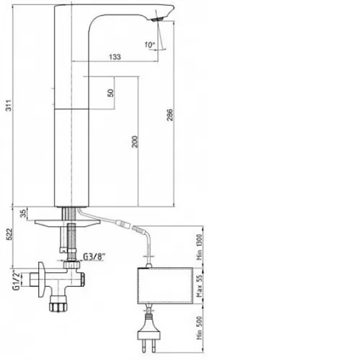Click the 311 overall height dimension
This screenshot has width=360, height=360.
pos(9,105)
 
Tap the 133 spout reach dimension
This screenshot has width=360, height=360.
pos(115,57)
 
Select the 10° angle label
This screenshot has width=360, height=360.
pos(150,45)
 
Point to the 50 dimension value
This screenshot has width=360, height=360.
pos(110,93)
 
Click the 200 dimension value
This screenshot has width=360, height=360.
pos(135,142)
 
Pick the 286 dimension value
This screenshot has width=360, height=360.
pos(170,114)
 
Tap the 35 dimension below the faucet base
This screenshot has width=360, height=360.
pos(23,213)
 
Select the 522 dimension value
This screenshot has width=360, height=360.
pos(9,234)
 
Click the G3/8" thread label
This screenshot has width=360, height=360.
pos(94,256)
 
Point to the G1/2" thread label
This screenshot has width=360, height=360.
pos(17,281)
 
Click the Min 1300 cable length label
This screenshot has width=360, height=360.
pos(199,247)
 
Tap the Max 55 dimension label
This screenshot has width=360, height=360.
pos(199,286)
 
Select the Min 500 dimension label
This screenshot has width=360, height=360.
pos(199,328)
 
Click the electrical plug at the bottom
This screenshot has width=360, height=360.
pos(148,333)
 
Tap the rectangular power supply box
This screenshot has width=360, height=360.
pos(166,286)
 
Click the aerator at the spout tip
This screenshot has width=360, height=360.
pos(158,19)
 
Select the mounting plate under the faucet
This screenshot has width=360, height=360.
pos(68,223)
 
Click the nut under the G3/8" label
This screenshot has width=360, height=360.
pos(72,265)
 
